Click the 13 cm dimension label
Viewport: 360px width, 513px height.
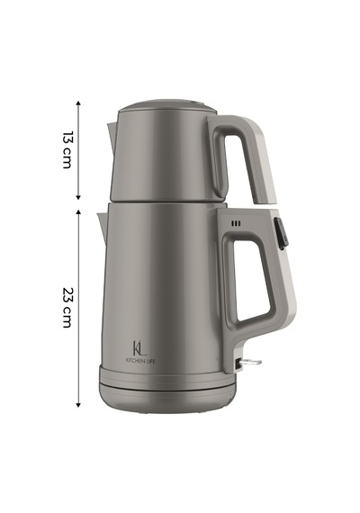point(67,149)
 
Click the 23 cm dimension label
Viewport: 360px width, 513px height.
point(67,308)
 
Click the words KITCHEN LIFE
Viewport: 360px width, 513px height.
point(141,361)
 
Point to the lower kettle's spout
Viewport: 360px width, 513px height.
point(102,226)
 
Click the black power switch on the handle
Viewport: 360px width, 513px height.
point(281,234)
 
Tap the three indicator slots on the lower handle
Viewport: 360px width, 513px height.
point(236,224)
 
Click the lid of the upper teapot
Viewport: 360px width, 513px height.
point(166,106)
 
